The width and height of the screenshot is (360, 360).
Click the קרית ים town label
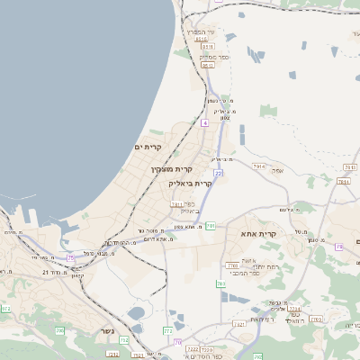tap(153, 147)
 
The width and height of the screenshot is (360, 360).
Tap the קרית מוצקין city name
tap(172, 169)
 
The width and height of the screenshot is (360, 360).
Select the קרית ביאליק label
tap(190, 183)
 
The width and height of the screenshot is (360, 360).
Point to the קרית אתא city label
tap(284, 233)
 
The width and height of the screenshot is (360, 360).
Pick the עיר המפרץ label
tap(201, 31)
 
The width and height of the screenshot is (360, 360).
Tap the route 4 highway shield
tap(205, 122)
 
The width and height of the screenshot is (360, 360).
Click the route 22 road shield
tap(218, 172)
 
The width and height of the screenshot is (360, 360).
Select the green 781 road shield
tap(210, 225)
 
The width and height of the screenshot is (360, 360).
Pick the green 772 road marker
tap(168, 331)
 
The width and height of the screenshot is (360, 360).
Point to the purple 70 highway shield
tap(177, 342)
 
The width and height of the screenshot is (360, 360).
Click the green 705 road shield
tap(59, 331)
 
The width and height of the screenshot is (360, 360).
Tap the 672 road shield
tap(6, 309)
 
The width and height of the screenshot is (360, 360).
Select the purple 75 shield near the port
tap(70, 258)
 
